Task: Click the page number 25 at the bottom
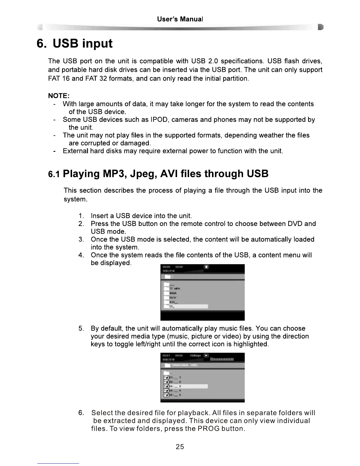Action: pos(180,447)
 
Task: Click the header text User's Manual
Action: pos(180,19)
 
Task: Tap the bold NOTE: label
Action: pos(59,96)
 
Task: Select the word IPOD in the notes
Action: pos(159,120)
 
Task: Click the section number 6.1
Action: pos(54,174)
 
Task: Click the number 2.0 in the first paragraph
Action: pos(213,61)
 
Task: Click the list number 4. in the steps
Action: pos(82,255)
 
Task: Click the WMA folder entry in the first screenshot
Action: pos(173,293)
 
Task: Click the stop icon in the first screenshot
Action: pos(206,267)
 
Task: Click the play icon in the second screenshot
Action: pos(206,355)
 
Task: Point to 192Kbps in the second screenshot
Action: pos(195,355)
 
